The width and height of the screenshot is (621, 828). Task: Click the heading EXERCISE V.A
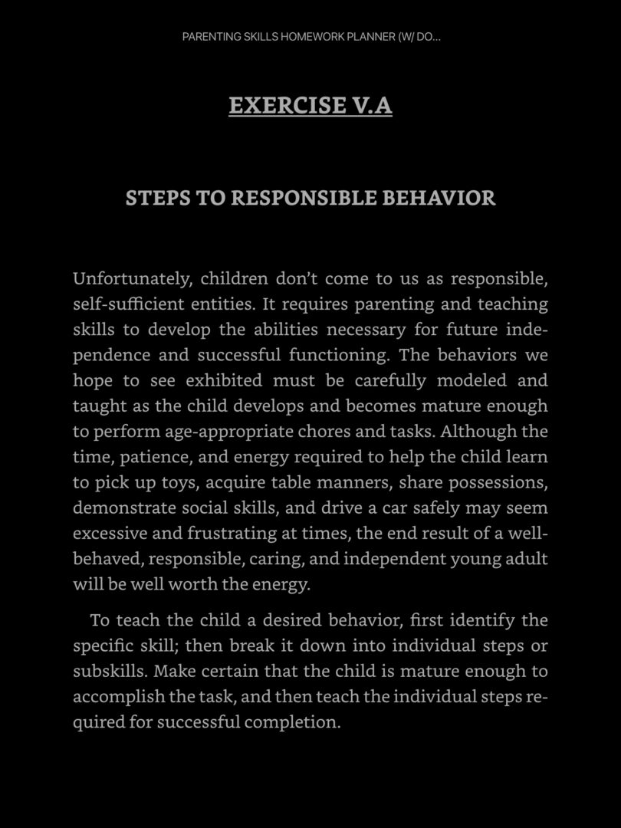click(310, 105)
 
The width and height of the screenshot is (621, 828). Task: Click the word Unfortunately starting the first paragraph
click(132, 278)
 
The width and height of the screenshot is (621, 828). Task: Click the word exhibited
click(224, 380)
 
